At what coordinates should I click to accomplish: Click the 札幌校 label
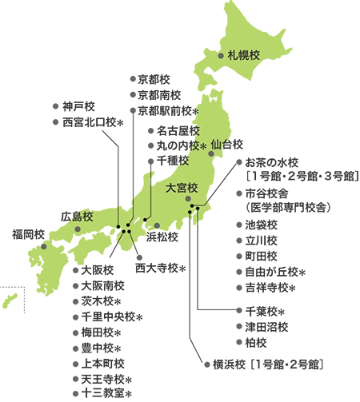(245, 55)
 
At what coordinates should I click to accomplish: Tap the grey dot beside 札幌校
(222, 56)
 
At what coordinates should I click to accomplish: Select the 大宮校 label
(182, 189)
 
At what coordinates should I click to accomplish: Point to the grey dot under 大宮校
(189, 198)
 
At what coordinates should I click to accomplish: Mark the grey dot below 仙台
(211, 153)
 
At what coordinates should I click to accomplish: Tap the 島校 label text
(82, 217)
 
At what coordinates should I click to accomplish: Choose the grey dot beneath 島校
(78, 229)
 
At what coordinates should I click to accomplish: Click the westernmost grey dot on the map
(43, 246)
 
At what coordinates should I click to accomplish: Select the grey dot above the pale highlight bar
(157, 225)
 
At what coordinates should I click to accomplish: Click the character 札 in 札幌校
(234, 55)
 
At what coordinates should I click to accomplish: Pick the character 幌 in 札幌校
(245, 55)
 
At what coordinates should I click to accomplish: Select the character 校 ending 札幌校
(256, 55)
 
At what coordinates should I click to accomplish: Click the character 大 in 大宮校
(171, 189)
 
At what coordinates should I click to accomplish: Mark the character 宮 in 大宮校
(182, 189)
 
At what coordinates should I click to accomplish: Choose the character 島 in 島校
(77, 217)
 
